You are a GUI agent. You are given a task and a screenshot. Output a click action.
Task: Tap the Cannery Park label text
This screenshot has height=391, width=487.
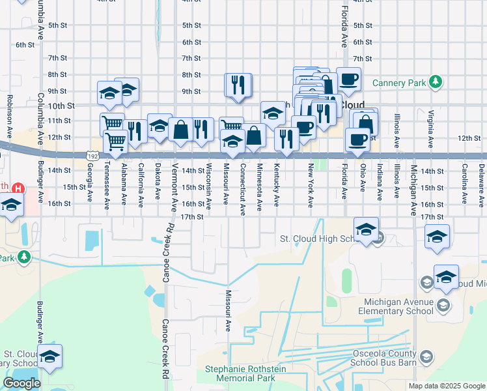(x=398, y=83)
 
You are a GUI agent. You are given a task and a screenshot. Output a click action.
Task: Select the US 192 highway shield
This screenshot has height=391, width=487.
(x=92, y=156)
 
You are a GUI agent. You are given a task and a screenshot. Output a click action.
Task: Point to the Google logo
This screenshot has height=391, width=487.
(x=21, y=383)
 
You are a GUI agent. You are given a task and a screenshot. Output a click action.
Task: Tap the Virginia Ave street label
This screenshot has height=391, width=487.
(x=430, y=128)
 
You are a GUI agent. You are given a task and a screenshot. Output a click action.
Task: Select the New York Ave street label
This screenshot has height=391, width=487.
(x=311, y=182)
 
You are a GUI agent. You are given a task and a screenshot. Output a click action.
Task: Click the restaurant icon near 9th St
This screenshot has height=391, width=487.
(x=238, y=85)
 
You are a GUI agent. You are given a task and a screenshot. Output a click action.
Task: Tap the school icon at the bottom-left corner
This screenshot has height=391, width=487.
(x=49, y=357)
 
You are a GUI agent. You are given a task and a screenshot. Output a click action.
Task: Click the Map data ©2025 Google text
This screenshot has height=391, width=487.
(x=447, y=386)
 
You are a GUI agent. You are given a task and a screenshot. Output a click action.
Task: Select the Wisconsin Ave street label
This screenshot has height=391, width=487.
(x=209, y=186)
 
